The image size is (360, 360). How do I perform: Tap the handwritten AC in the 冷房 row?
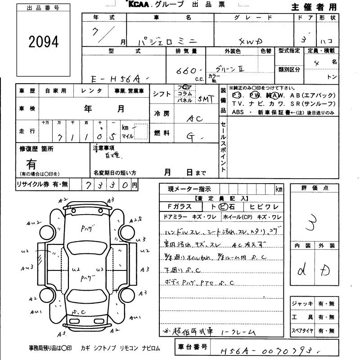[194, 119]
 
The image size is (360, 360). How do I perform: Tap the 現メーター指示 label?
[189, 189]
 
